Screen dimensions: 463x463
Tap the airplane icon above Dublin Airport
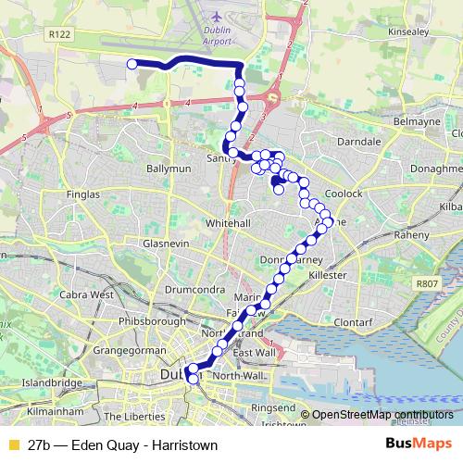pos(216,17)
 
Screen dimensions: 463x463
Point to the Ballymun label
pos(168,169)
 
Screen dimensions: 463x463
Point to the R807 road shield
pos(427,284)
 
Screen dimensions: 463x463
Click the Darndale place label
pos(380,143)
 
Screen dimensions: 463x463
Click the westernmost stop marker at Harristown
pos(131,64)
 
